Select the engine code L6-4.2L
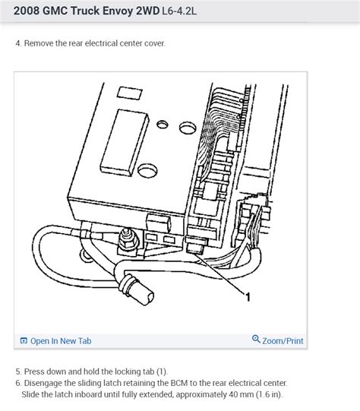tap(176, 13)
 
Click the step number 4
tap(17, 43)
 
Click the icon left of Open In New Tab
tap(24, 341)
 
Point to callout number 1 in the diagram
tap(247, 298)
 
